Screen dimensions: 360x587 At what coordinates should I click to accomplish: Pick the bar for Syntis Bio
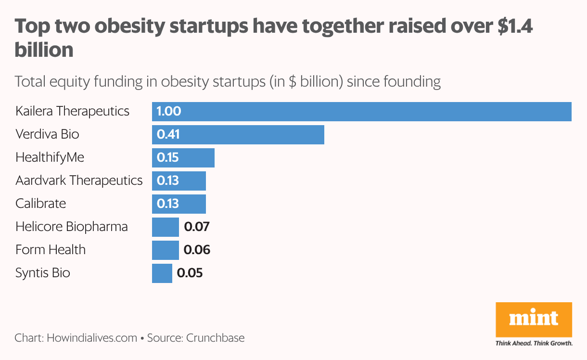[162, 273]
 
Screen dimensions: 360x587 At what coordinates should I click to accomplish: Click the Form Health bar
[165, 250]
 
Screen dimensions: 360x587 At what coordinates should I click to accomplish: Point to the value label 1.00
[169, 111]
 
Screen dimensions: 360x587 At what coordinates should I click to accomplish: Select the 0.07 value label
[197, 227]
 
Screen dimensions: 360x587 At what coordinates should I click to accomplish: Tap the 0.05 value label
[190, 273]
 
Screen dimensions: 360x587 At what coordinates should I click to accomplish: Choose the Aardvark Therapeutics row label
[79, 180]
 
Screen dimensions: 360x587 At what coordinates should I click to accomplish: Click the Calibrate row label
[40, 204]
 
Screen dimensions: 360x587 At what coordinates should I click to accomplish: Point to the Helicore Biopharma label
[71, 227]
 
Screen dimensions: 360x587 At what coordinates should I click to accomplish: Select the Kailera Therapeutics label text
[72, 111]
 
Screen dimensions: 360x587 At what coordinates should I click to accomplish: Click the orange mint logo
[534, 320]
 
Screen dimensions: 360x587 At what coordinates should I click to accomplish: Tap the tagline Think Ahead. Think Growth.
[534, 343]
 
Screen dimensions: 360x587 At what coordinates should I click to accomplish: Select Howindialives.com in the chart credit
[92, 338]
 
